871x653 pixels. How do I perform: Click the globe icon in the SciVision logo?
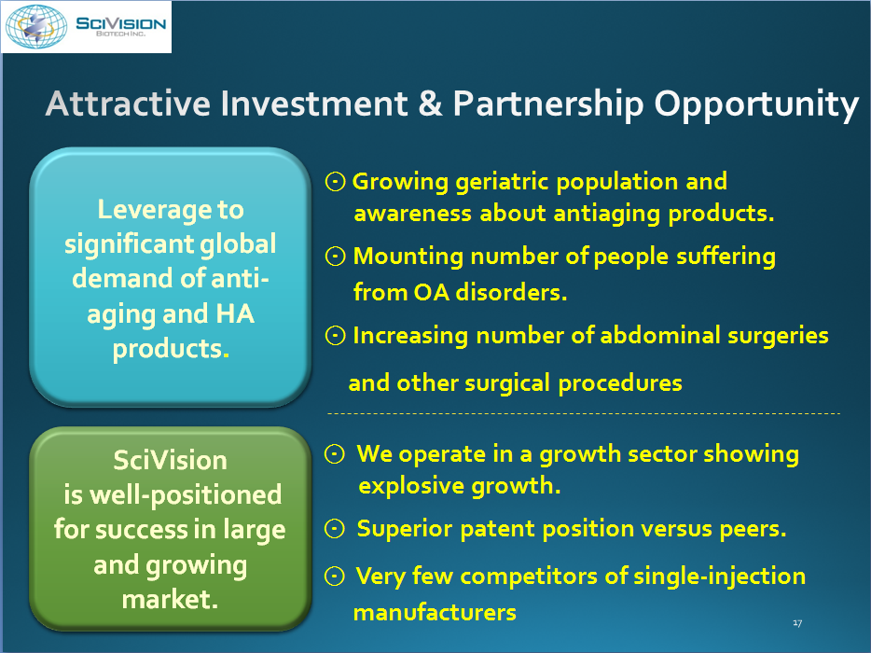(x=36, y=26)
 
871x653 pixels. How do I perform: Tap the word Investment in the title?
(x=314, y=104)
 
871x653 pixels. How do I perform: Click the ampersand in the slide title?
(x=430, y=104)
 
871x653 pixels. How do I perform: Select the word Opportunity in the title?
(x=756, y=105)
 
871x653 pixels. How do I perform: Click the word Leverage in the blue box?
(x=155, y=210)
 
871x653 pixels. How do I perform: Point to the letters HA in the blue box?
(x=235, y=313)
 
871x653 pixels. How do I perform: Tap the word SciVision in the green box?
(x=170, y=460)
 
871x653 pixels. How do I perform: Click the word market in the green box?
(x=170, y=599)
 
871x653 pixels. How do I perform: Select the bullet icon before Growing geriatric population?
(x=335, y=181)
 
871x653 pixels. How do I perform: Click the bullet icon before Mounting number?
(x=335, y=257)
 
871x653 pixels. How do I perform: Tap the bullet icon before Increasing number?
(x=335, y=335)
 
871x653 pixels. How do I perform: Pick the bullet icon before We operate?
(x=335, y=454)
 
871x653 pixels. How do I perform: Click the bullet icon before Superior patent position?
(x=335, y=529)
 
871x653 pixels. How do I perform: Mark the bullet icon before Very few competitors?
(x=335, y=577)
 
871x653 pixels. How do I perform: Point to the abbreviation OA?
(x=431, y=292)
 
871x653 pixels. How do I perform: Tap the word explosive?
(x=411, y=486)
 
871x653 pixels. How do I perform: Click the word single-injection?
(x=720, y=577)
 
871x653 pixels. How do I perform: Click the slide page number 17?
(x=797, y=623)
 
